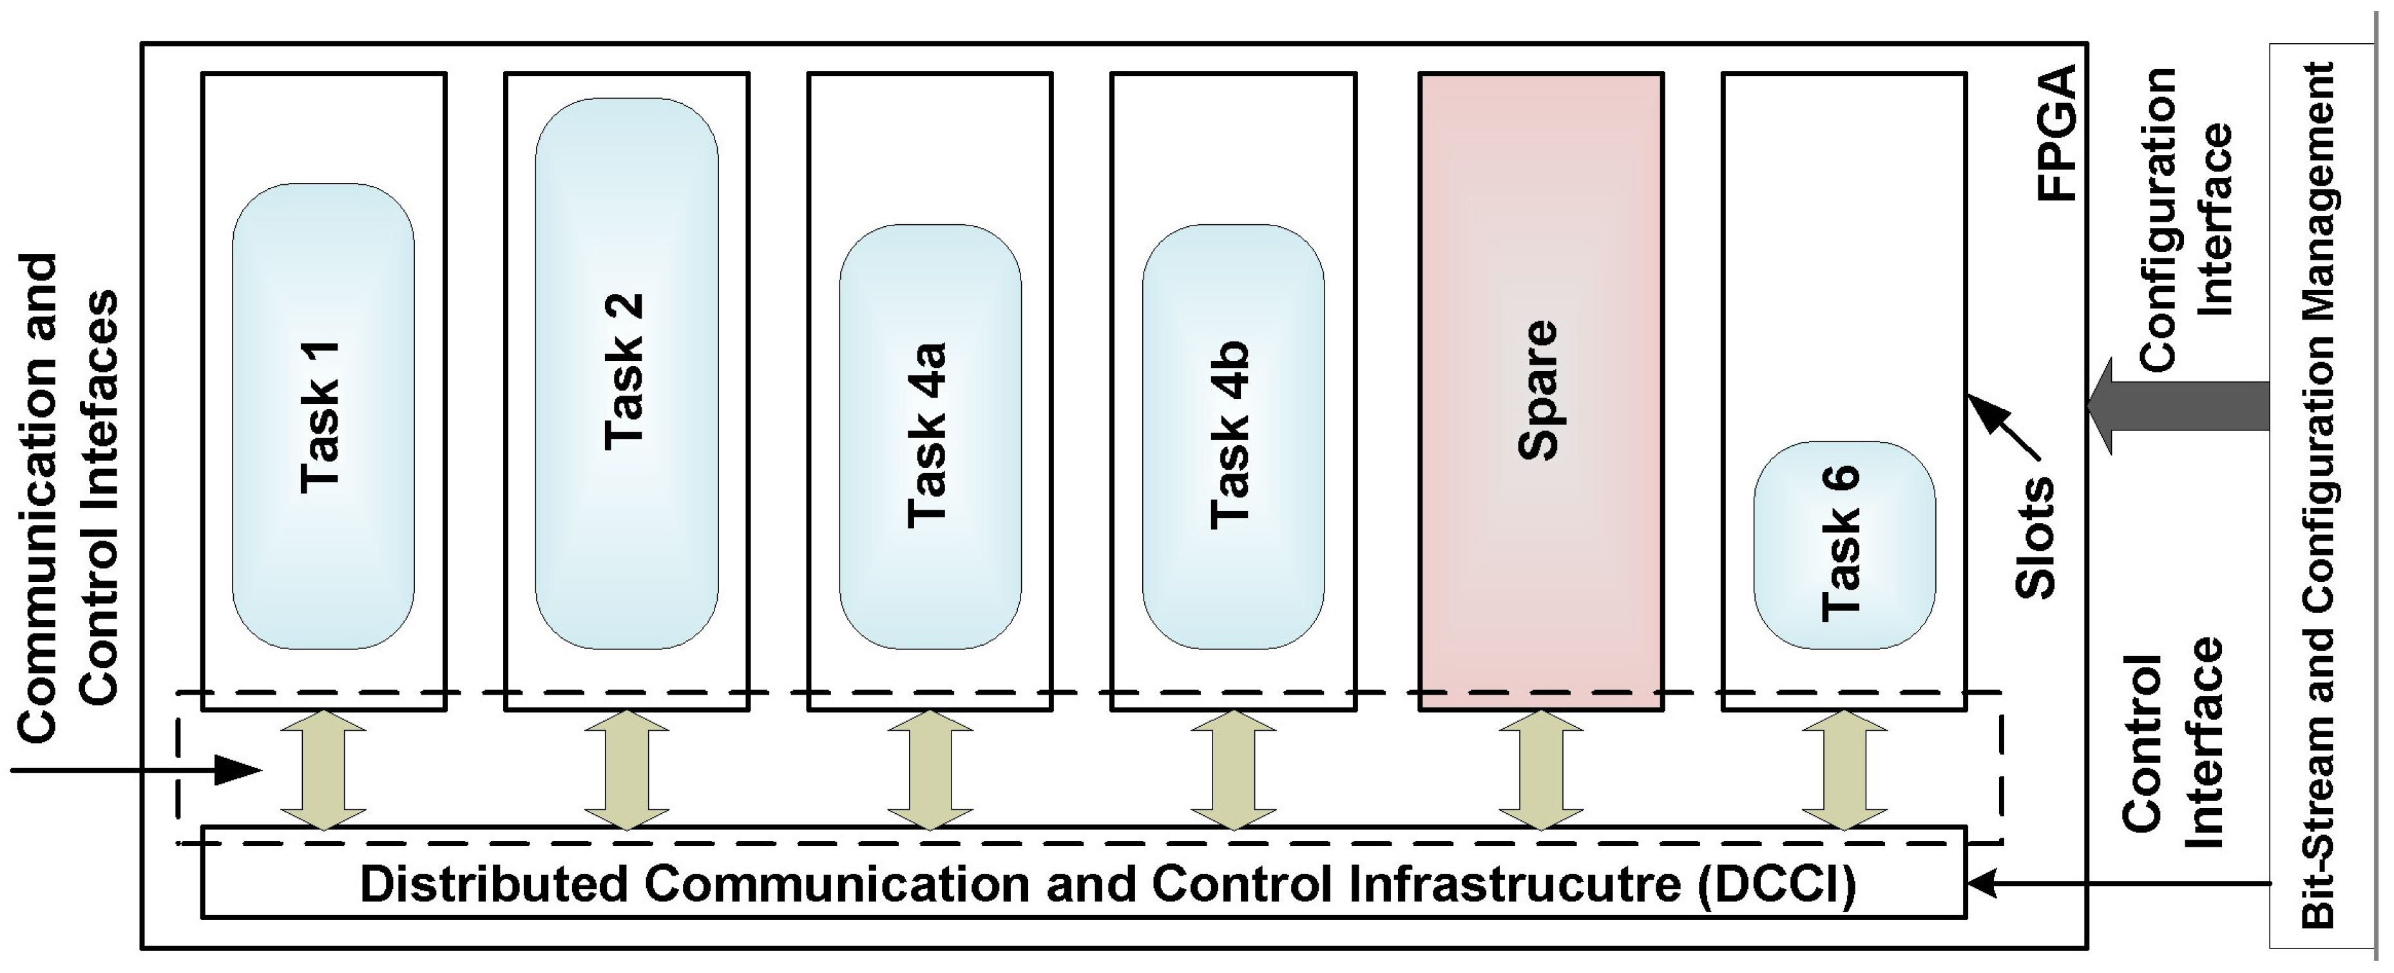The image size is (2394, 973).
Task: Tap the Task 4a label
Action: point(928,436)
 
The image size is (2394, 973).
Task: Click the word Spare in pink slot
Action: point(1537,390)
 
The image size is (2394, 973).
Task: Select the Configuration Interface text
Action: point(2184,219)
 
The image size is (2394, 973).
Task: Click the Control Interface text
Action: point(2175,744)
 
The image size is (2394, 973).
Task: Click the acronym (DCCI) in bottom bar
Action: point(1776,884)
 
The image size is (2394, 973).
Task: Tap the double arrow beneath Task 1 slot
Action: point(323,769)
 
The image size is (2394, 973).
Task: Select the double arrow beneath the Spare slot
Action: point(1540,769)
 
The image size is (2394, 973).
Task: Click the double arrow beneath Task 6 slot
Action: point(1844,769)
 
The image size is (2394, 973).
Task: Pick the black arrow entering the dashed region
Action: point(139,769)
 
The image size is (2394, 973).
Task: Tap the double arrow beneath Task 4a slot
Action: point(930,769)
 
